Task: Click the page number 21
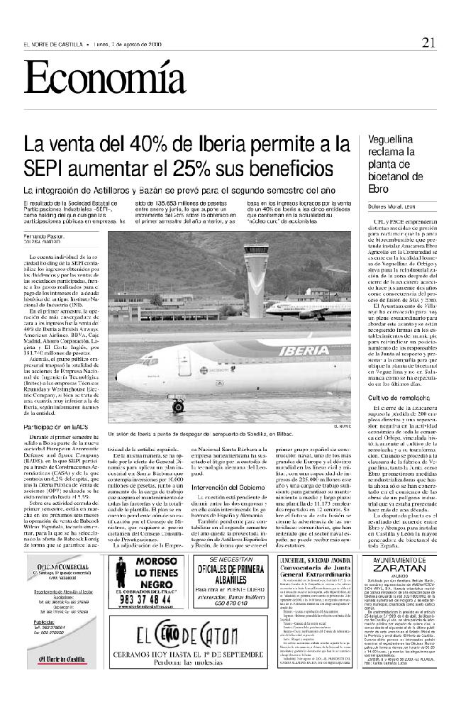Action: point(427,43)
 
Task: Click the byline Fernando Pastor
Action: point(40,235)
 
